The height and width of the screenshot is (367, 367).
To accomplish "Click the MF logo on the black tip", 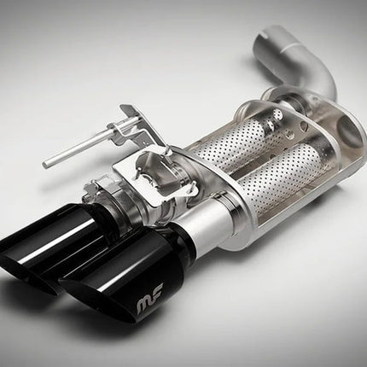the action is [x=149, y=306].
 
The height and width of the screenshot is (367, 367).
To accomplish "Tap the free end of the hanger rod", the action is [x=45, y=164].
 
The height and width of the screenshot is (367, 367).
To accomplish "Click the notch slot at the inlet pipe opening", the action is [x=266, y=37].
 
